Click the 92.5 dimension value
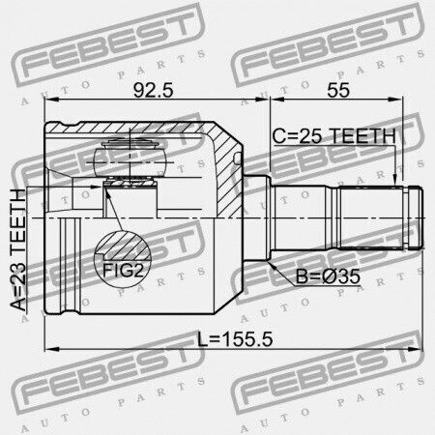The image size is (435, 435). click(154, 90)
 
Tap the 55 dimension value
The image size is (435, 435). click(338, 90)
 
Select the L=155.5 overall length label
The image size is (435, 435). click(235, 339)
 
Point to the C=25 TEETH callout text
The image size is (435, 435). click(333, 136)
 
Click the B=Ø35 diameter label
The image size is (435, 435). click(328, 276)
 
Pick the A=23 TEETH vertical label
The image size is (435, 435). click(17, 250)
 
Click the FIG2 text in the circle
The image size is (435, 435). click(123, 270)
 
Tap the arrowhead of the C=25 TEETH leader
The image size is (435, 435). click(395, 181)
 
